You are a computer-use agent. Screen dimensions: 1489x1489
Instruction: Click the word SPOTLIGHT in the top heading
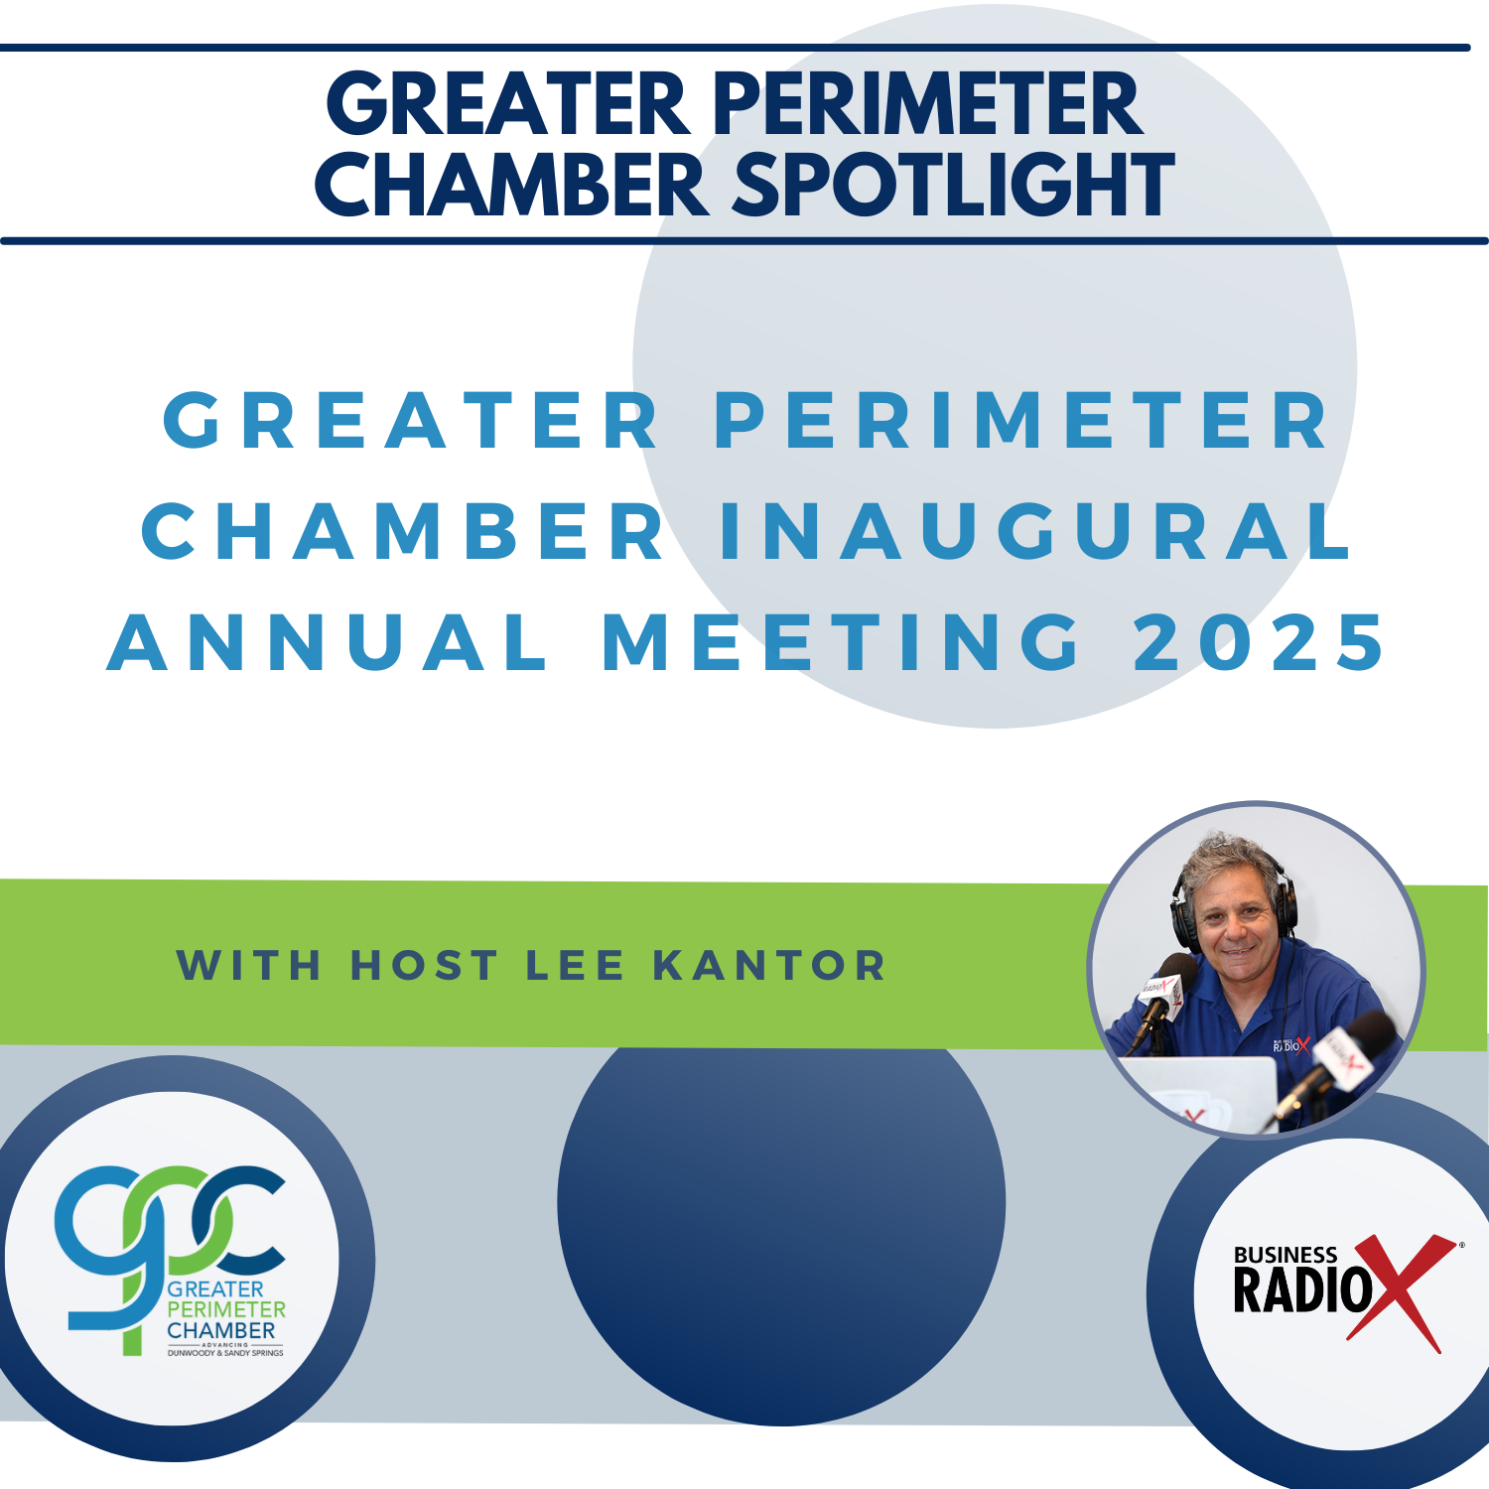tap(953, 186)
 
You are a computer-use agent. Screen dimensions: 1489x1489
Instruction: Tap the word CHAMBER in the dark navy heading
tap(511, 186)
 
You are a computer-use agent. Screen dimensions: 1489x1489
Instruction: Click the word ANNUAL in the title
tap(328, 642)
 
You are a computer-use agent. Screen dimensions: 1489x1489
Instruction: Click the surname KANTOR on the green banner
tap(769, 966)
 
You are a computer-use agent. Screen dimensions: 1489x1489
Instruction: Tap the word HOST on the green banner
tap(424, 966)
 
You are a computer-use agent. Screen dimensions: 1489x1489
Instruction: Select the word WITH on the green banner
tap(249, 966)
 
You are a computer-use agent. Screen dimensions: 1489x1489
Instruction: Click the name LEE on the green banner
tap(575, 966)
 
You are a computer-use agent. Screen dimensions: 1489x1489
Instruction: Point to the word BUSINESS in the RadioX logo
tap(1285, 1256)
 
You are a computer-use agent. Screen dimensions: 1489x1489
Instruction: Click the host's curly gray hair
tap(1231, 859)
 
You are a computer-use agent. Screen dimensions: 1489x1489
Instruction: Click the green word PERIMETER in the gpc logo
tap(225, 1310)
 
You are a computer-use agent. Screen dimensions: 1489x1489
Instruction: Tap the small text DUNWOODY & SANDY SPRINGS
tap(225, 1353)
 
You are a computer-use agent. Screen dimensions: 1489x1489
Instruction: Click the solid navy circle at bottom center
tap(781, 1221)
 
